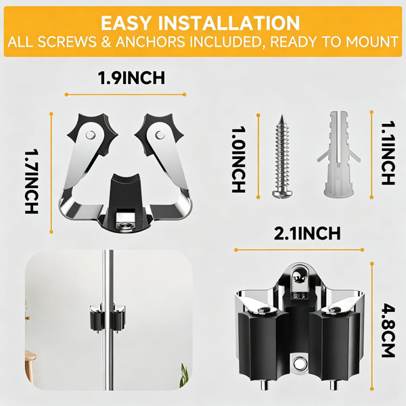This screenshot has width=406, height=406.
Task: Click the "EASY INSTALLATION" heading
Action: pos(200,23)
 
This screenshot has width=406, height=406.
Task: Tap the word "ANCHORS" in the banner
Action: pos(150,42)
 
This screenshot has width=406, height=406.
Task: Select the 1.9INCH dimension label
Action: pos(131,78)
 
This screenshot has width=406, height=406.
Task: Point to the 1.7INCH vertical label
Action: pos(32,181)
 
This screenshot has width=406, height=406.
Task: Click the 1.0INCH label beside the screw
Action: pos(238,159)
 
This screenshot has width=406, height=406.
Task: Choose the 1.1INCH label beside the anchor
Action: pos(388,153)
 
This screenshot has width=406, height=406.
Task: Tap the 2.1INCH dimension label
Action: pos(307,233)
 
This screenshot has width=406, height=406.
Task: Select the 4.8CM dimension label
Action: pos(388,332)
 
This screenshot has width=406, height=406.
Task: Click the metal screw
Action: pos(281,156)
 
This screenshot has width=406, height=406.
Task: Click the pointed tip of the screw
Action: pos(281,116)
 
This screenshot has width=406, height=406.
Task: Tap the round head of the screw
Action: pos(282,194)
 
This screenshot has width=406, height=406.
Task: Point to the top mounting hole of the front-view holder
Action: pos(298,277)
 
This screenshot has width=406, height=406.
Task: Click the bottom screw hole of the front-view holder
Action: pos(298,363)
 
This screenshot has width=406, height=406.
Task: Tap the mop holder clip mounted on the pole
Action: pos(108,318)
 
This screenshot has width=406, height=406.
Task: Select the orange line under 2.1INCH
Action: pos(299,250)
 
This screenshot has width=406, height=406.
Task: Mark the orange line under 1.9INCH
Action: pos(126,95)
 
